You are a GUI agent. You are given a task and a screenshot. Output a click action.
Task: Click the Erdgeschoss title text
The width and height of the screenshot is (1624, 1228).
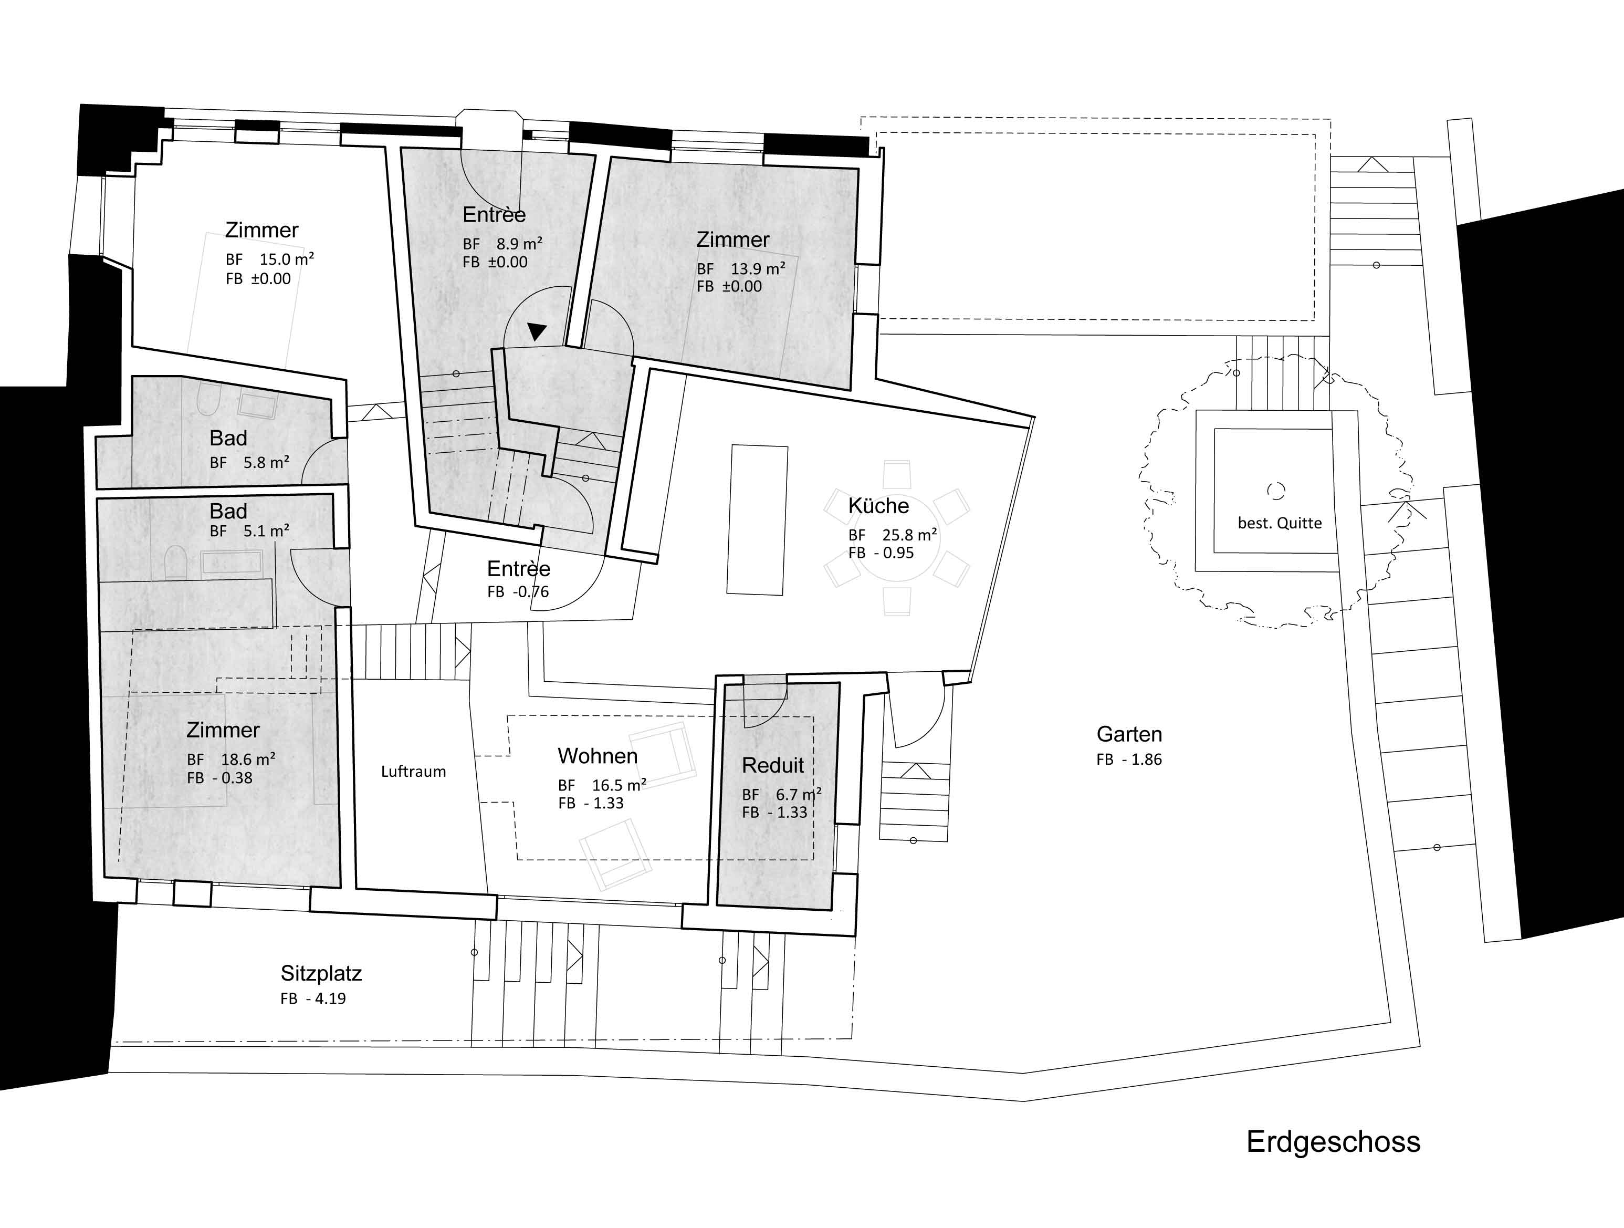click(x=1333, y=1141)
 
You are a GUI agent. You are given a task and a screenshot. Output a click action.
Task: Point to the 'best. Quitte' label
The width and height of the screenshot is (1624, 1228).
click(x=1279, y=523)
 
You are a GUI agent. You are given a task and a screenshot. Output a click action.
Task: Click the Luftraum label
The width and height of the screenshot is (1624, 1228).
click(x=413, y=771)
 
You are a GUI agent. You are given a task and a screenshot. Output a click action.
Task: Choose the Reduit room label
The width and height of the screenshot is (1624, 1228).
click(x=772, y=765)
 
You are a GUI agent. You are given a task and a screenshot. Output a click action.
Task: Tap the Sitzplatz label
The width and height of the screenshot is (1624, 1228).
click(x=321, y=973)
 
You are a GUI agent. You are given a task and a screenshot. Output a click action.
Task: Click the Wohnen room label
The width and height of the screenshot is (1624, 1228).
click(x=597, y=756)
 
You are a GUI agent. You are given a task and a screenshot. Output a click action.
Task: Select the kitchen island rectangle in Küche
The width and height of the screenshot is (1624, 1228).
click(x=757, y=519)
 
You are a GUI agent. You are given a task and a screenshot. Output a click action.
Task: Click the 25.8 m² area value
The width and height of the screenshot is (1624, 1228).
click(x=909, y=535)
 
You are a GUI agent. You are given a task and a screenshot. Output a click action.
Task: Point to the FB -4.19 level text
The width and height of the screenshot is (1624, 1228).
click(x=313, y=999)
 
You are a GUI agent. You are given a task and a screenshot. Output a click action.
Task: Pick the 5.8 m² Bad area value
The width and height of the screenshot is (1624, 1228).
click(x=266, y=463)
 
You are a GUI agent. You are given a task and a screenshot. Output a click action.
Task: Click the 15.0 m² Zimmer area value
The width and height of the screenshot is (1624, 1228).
click(x=286, y=259)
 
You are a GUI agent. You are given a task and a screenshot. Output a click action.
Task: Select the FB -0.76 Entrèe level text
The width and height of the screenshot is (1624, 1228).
click(x=518, y=592)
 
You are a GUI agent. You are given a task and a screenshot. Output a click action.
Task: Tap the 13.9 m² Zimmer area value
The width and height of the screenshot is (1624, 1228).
click(x=757, y=269)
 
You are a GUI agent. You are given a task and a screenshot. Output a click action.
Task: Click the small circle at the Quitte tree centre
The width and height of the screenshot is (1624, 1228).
click(x=1276, y=490)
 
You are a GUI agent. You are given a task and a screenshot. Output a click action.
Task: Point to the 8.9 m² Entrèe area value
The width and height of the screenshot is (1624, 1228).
click(x=519, y=244)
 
